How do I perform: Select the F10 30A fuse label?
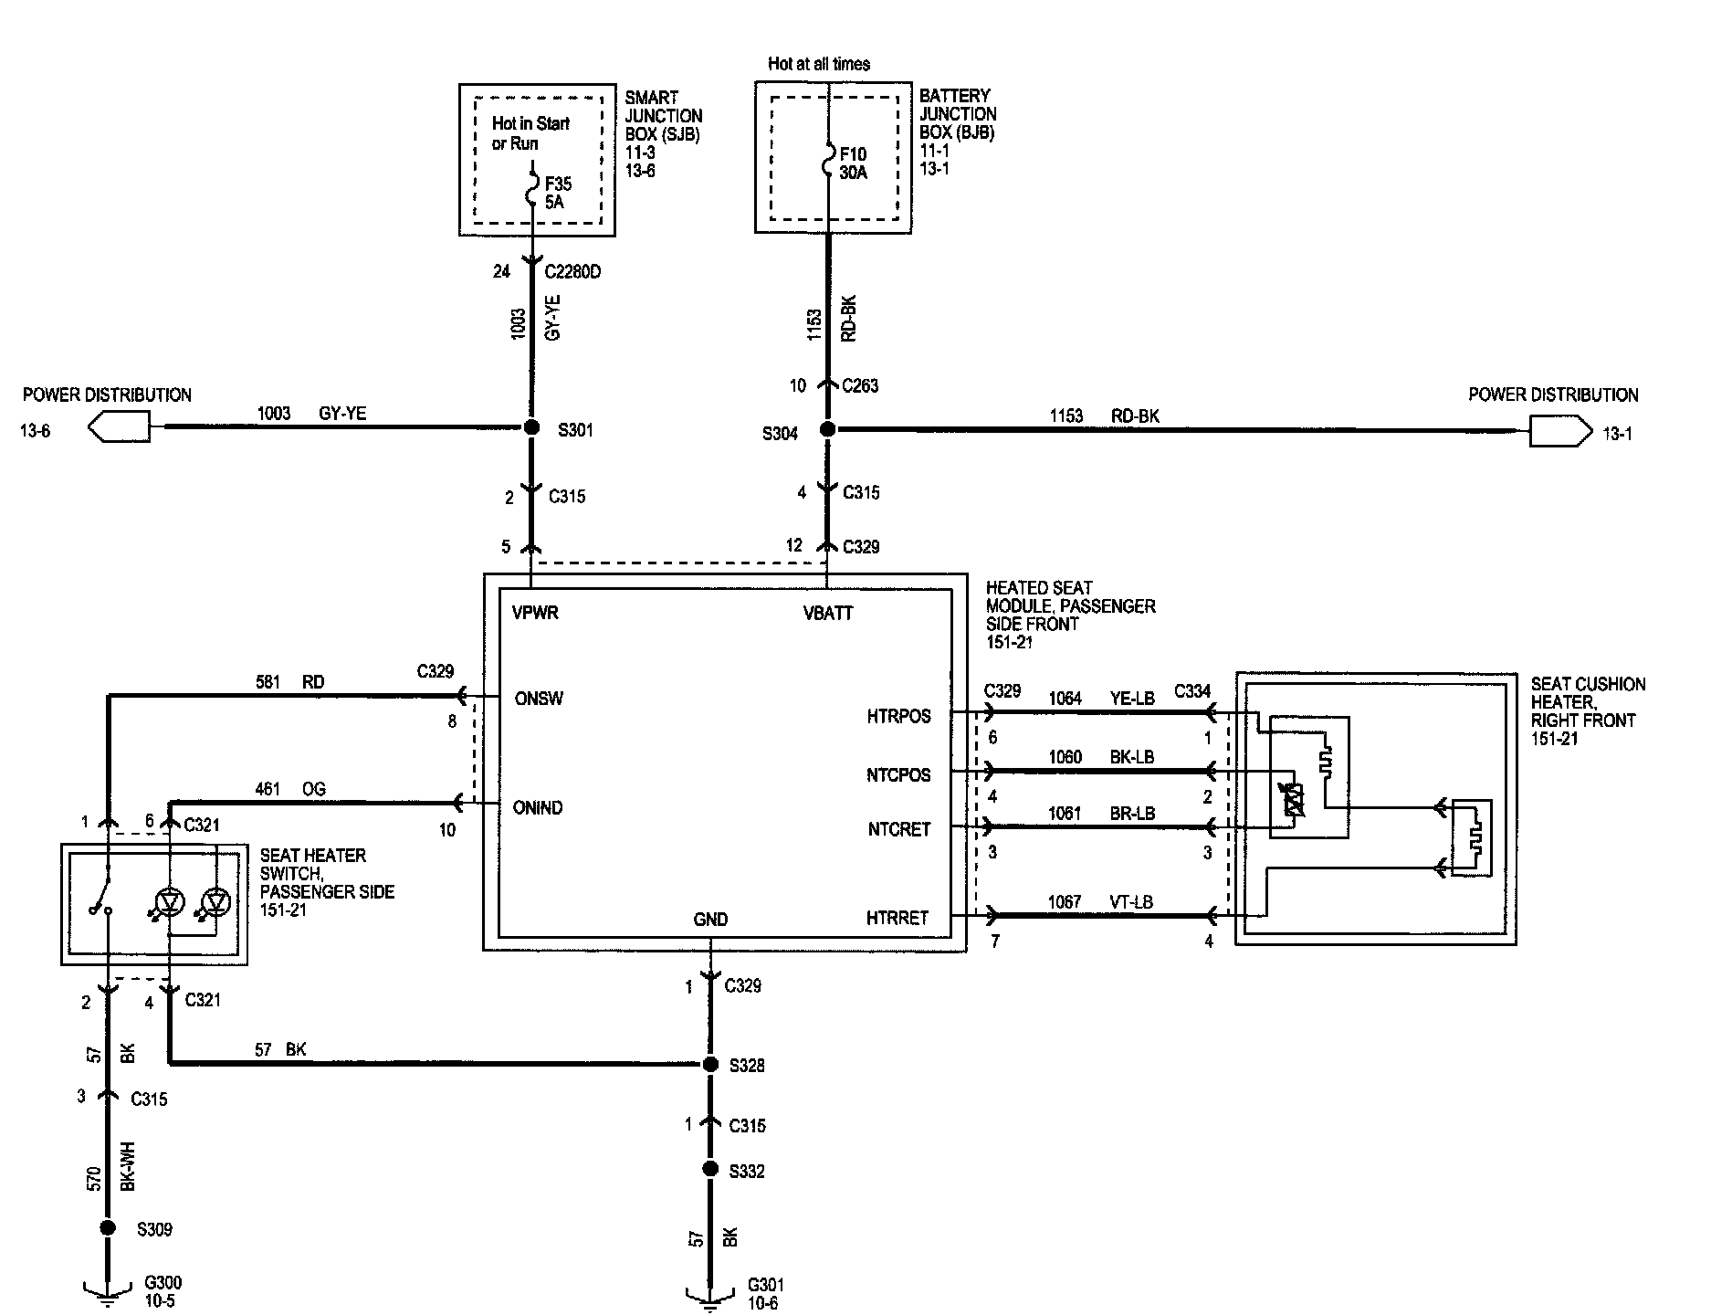tap(853, 163)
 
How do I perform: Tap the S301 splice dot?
tap(530, 427)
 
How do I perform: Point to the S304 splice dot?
tap(827, 429)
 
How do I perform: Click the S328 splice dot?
tap(710, 1065)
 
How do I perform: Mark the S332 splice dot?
tap(710, 1170)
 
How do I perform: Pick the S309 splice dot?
tap(108, 1228)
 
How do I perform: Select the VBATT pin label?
tap(828, 614)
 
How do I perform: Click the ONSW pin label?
tap(539, 699)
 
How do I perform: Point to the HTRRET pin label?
tap(897, 918)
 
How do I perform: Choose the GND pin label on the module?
tap(710, 920)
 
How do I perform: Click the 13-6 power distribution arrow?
tap(120, 426)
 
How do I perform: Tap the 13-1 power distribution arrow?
tap(1559, 430)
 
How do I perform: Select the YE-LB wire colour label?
tap(1133, 699)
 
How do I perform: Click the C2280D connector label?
tap(573, 271)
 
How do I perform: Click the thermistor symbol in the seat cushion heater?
tap(1294, 800)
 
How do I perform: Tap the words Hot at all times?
tap(819, 64)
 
